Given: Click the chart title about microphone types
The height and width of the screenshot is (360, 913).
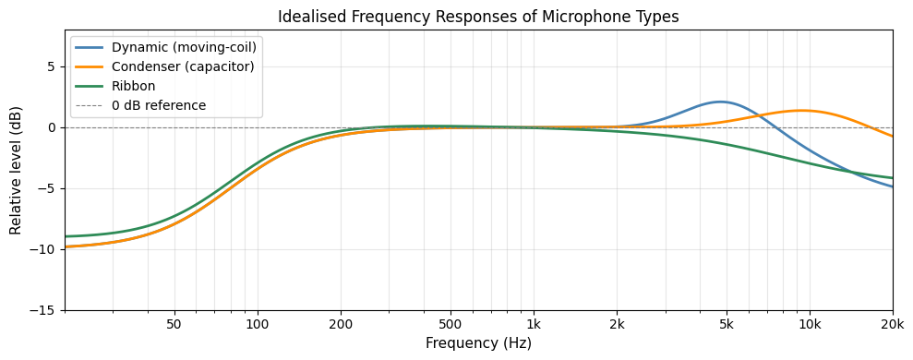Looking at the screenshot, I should (x=478, y=17).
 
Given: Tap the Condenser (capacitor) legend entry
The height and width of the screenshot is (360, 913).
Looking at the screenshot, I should (x=182, y=66).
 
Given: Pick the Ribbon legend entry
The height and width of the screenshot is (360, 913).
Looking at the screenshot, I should (x=133, y=86).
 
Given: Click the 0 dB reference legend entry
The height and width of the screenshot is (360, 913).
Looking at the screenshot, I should (x=158, y=105).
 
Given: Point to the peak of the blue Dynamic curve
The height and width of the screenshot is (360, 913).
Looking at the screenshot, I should (x=720, y=102).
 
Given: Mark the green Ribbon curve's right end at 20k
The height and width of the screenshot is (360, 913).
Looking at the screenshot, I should (x=892, y=178).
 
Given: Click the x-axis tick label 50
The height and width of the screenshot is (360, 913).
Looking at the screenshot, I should (x=174, y=324).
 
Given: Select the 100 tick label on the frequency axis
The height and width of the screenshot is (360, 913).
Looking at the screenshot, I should (x=257, y=324).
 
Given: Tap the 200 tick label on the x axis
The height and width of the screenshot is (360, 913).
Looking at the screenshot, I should (x=341, y=324).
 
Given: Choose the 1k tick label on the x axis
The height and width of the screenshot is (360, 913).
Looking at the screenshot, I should (x=534, y=324).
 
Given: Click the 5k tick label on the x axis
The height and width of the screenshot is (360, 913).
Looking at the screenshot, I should (x=727, y=324).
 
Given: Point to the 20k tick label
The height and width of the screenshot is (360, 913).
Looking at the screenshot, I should (x=892, y=324).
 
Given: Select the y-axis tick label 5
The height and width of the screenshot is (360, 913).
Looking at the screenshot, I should (x=53, y=66).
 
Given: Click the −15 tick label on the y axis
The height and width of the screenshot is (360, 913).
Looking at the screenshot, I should (x=44, y=310).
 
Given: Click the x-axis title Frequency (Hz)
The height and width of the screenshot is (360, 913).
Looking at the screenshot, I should (x=478, y=343).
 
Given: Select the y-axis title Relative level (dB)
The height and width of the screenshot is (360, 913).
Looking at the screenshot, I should (x=16, y=170).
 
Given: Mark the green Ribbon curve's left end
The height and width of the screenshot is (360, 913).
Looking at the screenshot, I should (x=66, y=236).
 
